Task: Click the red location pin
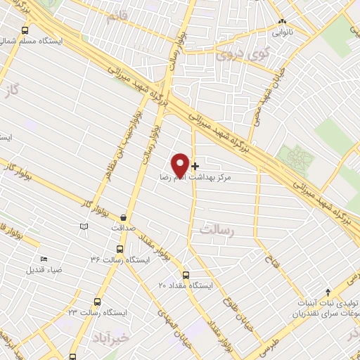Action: tap(180, 165)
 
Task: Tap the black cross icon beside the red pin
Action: tap(195, 167)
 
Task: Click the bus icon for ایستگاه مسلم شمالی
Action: tap(26, 30)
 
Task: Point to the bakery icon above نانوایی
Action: tap(282, 22)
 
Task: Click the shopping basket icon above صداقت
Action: tap(124, 218)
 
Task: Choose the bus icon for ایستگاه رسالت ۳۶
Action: tap(117, 250)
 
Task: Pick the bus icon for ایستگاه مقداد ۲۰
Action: tap(186, 275)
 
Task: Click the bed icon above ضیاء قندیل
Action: tap(44, 259)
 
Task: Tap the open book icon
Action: tap(84, 227)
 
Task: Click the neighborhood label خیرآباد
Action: tap(110, 339)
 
